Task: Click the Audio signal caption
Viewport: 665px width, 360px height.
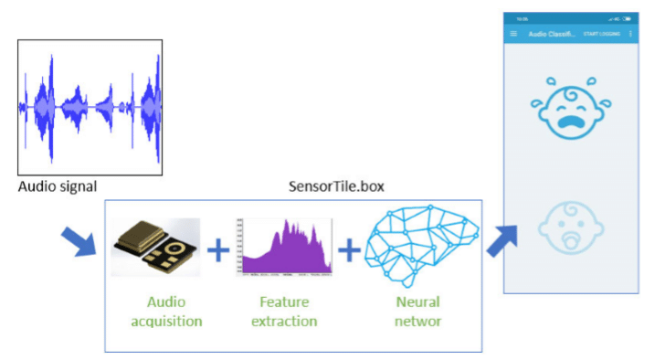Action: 58,187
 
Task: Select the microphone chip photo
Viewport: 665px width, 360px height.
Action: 155,247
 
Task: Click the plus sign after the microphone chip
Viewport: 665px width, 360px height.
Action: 216,249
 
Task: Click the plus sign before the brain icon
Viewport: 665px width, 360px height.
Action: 349,248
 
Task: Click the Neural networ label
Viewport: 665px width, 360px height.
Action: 417,311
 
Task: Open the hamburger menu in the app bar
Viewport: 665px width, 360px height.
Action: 513,33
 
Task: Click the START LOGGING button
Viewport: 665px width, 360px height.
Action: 601,34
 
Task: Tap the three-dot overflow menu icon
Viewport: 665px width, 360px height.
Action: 630,34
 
